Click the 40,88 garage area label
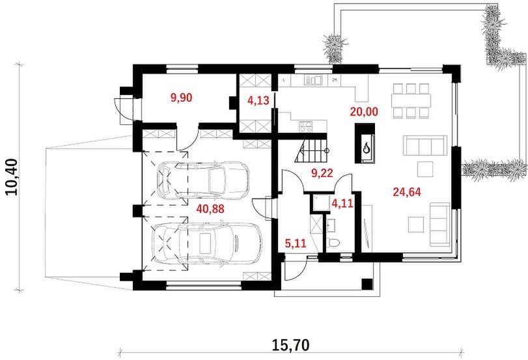(210, 209)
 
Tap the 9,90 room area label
(181, 98)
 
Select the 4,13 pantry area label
(258, 100)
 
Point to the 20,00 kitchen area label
(364, 111)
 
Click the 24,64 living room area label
(407, 192)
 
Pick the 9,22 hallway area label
(322, 173)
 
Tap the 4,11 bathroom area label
(342, 203)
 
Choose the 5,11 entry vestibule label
(296, 243)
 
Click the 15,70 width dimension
(290, 345)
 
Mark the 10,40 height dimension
(12, 176)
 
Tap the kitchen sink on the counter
(313, 80)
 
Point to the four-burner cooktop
(305, 126)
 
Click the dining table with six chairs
(411, 100)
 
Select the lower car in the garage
(206, 242)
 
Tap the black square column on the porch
(367, 284)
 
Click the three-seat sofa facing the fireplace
(425, 145)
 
